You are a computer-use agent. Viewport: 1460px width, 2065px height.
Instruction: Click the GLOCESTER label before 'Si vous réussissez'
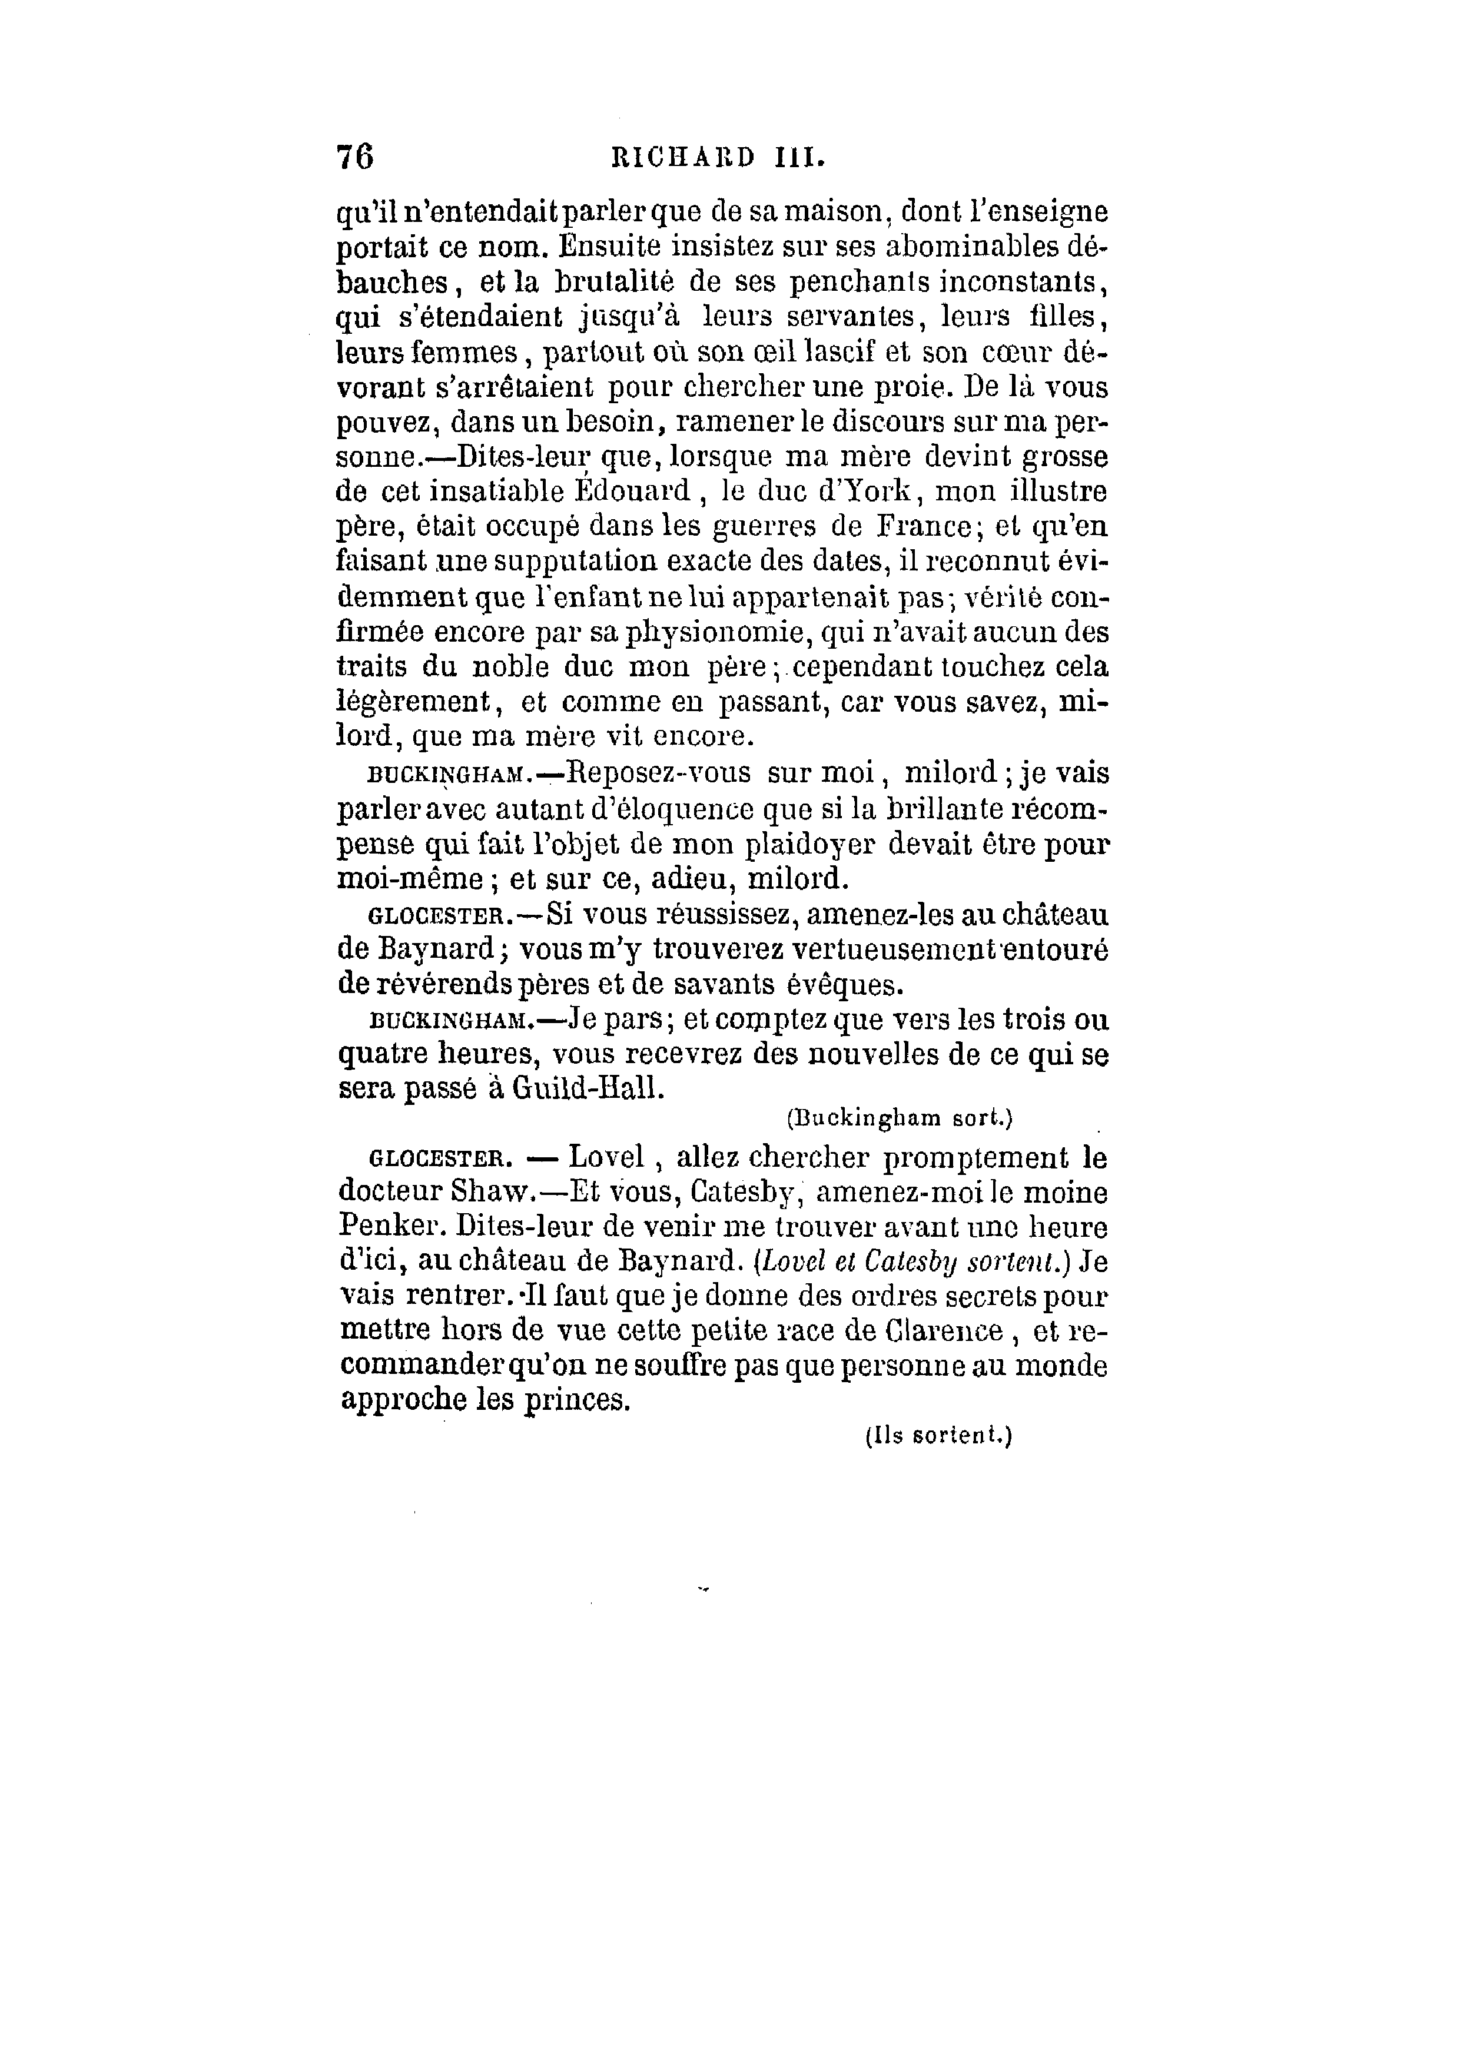(x=436, y=917)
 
